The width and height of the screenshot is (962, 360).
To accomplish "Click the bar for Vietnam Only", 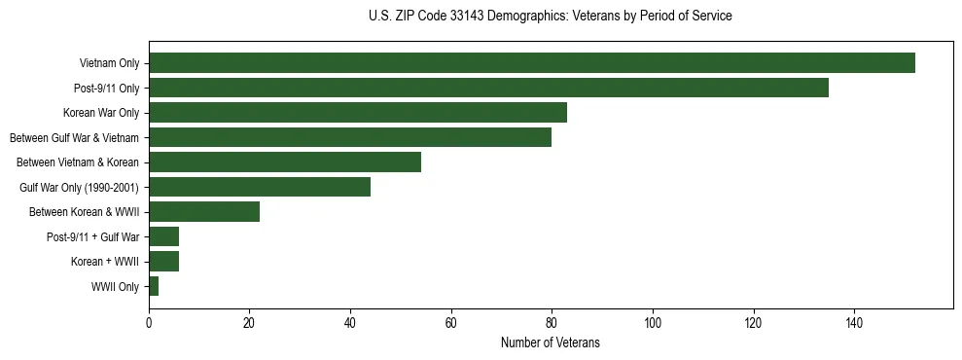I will click(531, 63).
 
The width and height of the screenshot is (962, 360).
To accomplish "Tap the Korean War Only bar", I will click(358, 113).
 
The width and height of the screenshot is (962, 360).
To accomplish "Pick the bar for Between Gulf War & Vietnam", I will click(350, 137).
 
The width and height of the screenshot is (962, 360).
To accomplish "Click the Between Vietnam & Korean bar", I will click(285, 162).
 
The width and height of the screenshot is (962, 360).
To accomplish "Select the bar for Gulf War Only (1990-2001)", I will click(260, 187).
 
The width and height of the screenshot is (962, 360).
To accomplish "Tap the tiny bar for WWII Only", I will click(154, 286).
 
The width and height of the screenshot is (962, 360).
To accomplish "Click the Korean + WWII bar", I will click(163, 262).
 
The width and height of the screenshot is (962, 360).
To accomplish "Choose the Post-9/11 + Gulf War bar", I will click(163, 236).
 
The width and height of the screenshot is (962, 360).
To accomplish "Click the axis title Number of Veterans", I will click(550, 343).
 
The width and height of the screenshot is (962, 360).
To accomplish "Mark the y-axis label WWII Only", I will click(115, 287).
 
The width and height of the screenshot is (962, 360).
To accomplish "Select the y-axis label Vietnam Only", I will click(109, 64).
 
